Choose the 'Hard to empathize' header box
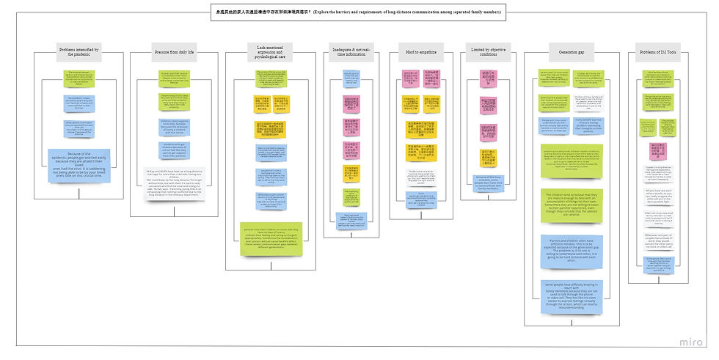(422, 52)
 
